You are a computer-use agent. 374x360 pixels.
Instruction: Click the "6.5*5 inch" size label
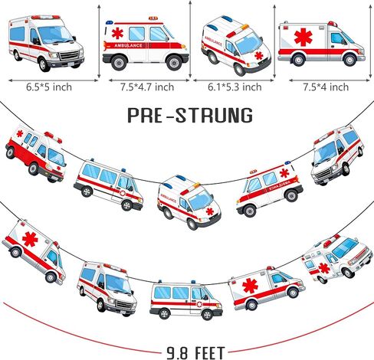click(49, 87)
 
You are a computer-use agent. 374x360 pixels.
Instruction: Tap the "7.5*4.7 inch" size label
click(147, 87)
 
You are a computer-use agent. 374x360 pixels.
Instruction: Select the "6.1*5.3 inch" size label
click(235, 87)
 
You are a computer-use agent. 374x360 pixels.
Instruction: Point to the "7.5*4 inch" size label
click(326, 87)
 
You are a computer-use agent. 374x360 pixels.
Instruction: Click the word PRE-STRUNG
click(190, 116)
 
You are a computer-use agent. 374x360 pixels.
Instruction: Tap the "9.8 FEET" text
click(196, 353)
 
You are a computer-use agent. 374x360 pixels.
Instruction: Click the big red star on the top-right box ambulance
click(303, 38)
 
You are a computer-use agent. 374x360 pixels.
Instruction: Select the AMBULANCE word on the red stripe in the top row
click(128, 45)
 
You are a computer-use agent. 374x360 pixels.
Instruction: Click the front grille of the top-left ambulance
click(69, 55)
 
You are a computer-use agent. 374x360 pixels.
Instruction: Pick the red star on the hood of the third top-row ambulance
click(259, 55)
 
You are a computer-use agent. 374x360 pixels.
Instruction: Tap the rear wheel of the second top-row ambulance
click(119, 63)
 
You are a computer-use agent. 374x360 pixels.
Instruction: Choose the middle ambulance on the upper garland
click(189, 201)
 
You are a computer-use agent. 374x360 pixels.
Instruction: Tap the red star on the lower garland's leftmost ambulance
click(30, 239)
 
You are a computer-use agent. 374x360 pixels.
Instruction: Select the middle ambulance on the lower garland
click(186, 300)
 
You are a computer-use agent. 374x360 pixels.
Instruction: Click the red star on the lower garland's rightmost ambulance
click(324, 268)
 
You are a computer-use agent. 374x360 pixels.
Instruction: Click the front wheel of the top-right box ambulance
click(349, 61)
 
